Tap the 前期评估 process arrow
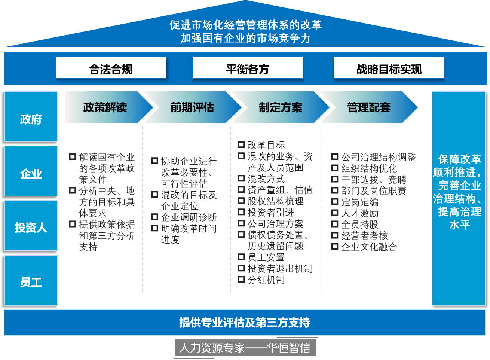[x=192, y=107]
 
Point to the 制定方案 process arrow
[x=281, y=107]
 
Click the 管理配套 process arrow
[x=369, y=107]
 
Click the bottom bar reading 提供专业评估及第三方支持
[x=245, y=323]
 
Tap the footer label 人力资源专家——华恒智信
[x=245, y=348]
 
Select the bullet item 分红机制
[x=266, y=280]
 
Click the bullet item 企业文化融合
[x=369, y=247]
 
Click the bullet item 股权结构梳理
[x=275, y=201]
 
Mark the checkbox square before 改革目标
[x=241, y=144]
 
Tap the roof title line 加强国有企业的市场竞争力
[x=245, y=38]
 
